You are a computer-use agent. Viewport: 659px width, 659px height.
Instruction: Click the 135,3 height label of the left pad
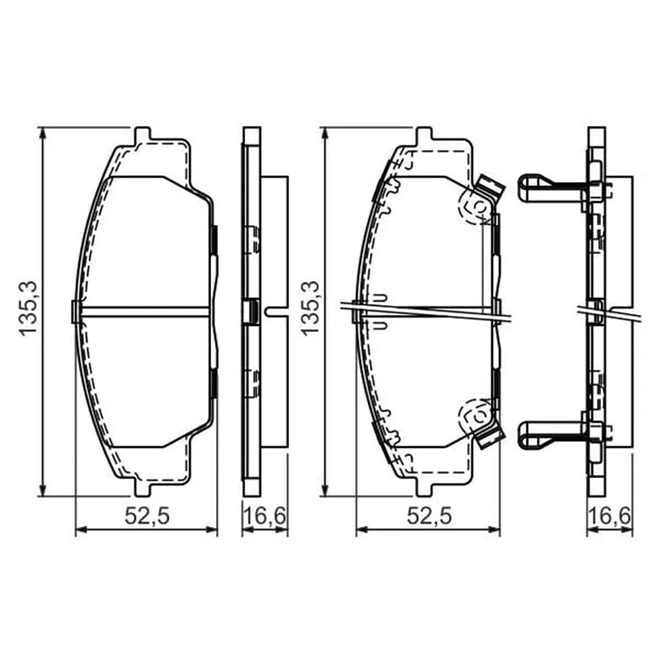coord(29,308)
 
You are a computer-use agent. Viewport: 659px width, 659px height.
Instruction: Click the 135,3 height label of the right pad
coord(310,308)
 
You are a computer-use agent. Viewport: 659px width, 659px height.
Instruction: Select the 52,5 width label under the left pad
coord(147,516)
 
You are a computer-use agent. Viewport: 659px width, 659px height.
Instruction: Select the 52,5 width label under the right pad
coord(429,516)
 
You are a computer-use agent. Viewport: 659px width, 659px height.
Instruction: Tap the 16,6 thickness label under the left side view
coord(264,516)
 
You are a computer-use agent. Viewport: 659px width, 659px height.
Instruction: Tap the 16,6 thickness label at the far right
coord(610,516)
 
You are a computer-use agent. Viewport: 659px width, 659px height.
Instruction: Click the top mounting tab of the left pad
coord(142,134)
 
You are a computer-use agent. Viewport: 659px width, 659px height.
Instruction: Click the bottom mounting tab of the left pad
coord(142,488)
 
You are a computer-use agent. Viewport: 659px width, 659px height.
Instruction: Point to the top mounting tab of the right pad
coord(424,134)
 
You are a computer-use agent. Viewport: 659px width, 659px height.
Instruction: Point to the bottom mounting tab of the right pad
coord(424,488)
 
